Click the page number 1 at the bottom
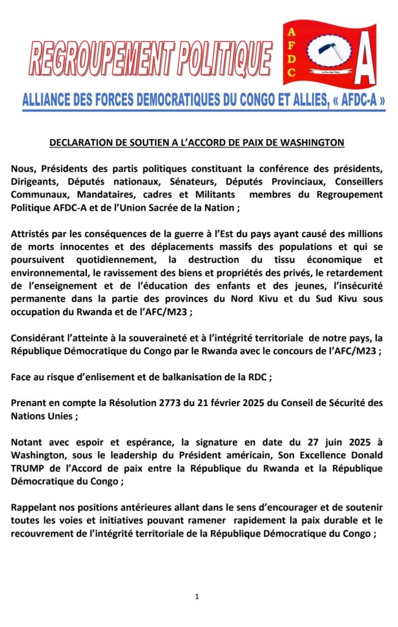(x=197, y=596)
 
